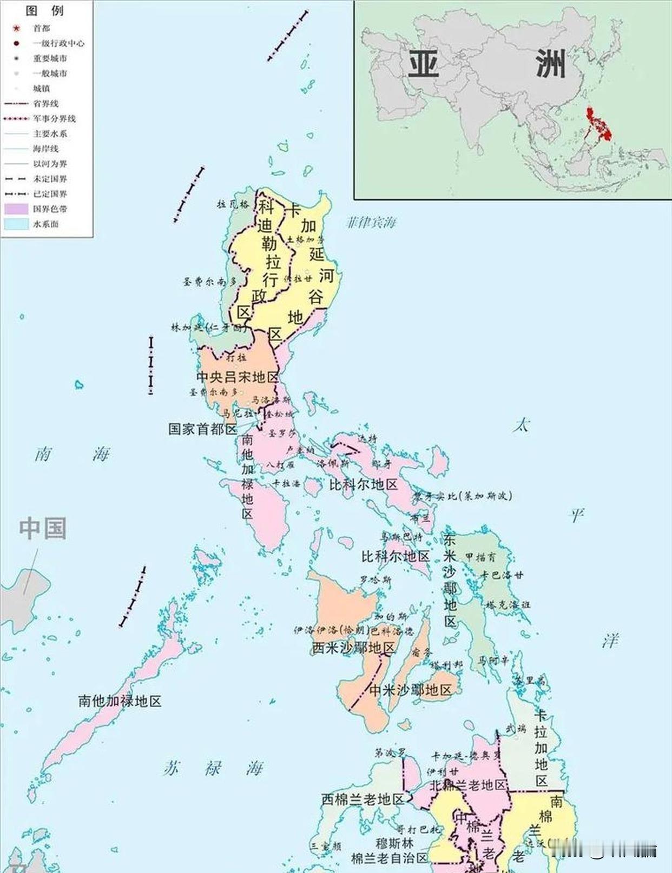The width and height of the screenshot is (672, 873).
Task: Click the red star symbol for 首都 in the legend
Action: click(x=16, y=28)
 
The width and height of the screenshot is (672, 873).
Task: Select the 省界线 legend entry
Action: click(x=46, y=103)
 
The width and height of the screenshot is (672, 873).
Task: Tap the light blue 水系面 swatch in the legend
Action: click(x=16, y=224)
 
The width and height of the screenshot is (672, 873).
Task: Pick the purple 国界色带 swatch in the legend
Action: click(x=16, y=209)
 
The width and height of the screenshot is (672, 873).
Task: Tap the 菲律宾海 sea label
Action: click(x=371, y=222)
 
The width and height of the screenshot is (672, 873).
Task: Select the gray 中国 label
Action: click(x=43, y=528)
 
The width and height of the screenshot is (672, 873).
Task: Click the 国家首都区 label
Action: click(x=203, y=429)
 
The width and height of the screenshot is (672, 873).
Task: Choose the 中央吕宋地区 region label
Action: click(x=237, y=377)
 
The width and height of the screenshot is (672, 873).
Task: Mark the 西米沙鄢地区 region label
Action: click(x=354, y=647)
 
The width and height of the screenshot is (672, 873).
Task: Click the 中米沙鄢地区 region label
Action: click(x=410, y=690)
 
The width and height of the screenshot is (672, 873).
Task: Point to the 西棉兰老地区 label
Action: click(x=363, y=799)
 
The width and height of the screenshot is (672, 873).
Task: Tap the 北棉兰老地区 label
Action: click(x=468, y=785)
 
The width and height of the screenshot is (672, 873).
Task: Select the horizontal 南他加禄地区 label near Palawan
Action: click(x=120, y=701)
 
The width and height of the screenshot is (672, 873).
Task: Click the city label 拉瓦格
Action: click(x=233, y=204)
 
